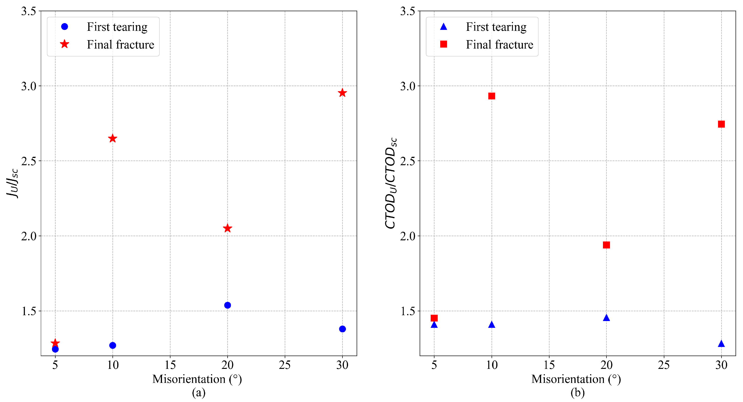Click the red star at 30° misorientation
(342, 93)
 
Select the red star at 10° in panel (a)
(113, 138)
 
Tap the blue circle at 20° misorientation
(228, 305)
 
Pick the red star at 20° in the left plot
(228, 228)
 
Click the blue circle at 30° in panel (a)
(342, 329)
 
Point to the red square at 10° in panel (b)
(492, 96)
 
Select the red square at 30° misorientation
(721, 124)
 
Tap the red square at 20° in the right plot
(606, 245)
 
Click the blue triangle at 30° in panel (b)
(721, 344)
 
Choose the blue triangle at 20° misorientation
(606, 318)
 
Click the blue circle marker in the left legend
(65, 27)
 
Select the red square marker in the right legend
(444, 44)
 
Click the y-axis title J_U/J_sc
(12, 183)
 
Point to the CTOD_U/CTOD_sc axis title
(391, 183)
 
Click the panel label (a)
(199, 392)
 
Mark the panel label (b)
(577, 392)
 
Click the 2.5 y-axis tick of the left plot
(29, 161)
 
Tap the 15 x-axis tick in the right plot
(549, 365)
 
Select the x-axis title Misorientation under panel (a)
(197, 379)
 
